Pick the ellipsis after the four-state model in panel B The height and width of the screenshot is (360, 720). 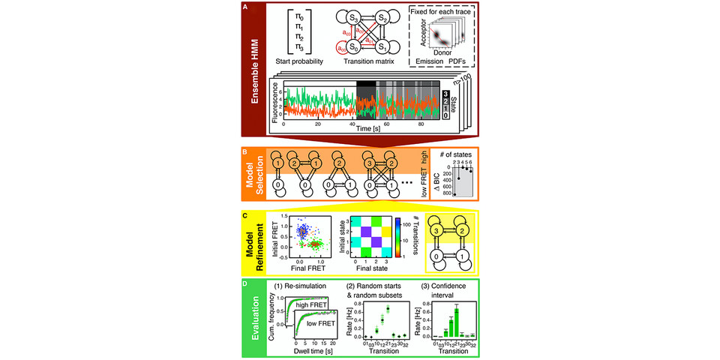[x=407, y=183]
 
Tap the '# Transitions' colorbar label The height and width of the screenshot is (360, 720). [x=412, y=240]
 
